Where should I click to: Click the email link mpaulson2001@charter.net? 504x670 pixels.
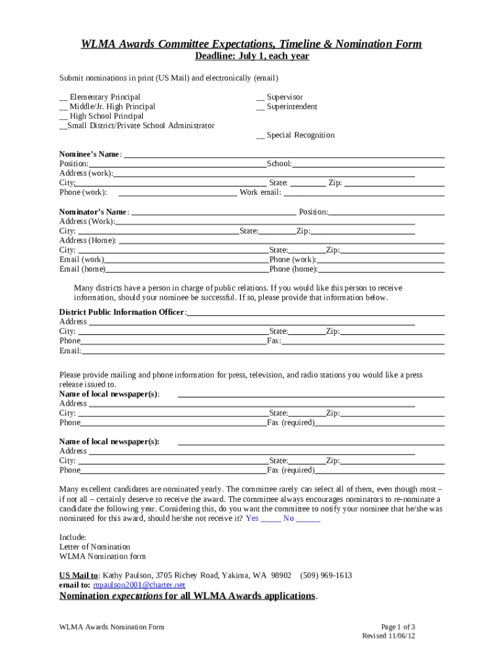coord(139,585)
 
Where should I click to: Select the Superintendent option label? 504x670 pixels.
coord(292,107)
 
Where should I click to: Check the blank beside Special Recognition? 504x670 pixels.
coord(260,136)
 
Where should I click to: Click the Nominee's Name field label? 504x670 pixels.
coord(90,154)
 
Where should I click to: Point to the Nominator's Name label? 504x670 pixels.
coord(92,212)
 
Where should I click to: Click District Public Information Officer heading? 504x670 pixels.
coord(122,312)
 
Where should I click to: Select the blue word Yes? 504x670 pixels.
coord(252,518)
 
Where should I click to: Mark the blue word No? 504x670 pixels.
coord(289,518)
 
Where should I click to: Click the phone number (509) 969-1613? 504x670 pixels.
coord(326,576)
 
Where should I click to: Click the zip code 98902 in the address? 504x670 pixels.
coord(279,576)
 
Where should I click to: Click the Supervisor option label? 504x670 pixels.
coord(285,97)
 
